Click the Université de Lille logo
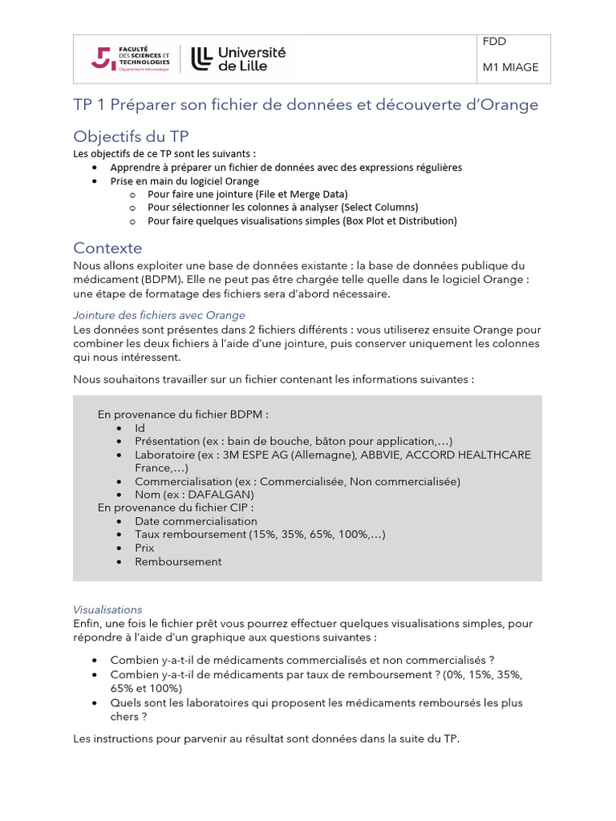[x=238, y=59]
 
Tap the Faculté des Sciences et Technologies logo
[x=132, y=59]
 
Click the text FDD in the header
[x=494, y=42]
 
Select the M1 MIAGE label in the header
[x=510, y=67]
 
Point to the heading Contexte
[x=107, y=248]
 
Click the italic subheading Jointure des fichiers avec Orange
[x=159, y=315]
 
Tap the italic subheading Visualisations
[x=107, y=609]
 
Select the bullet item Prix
[x=144, y=548]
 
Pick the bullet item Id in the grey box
[x=140, y=428]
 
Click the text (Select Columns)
[x=380, y=207]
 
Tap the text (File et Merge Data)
[x=302, y=194]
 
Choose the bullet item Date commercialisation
[x=196, y=521]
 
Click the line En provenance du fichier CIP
[x=176, y=508]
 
